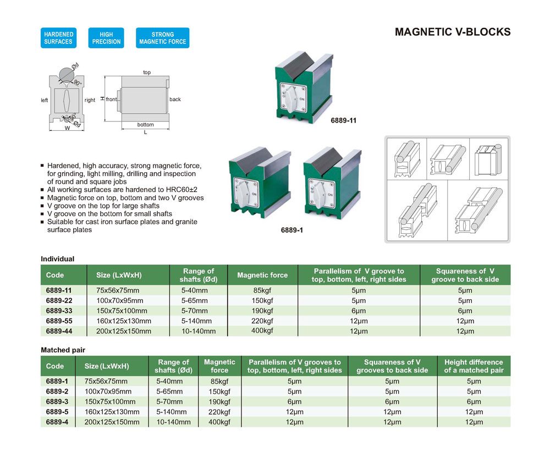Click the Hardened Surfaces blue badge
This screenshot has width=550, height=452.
click(x=58, y=38)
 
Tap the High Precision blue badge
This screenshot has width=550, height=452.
click(x=106, y=38)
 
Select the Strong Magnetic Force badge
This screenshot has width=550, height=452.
click(x=162, y=38)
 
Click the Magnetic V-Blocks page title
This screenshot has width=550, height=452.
click(x=453, y=32)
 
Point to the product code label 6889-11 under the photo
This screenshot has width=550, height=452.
click(x=344, y=120)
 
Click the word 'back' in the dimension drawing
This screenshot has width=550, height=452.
click(x=175, y=100)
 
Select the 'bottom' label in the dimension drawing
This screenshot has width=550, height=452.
click(x=145, y=125)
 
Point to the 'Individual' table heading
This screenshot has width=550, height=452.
click(x=58, y=258)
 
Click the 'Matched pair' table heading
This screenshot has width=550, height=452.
click(x=63, y=350)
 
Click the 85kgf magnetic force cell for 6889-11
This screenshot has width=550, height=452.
click(x=262, y=290)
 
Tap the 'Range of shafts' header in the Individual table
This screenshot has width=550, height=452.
click(x=199, y=275)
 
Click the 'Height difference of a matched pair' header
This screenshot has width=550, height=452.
click(x=473, y=366)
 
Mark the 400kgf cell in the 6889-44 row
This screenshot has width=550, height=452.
click(x=262, y=330)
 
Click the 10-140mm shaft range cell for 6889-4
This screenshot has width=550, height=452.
click(x=173, y=422)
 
